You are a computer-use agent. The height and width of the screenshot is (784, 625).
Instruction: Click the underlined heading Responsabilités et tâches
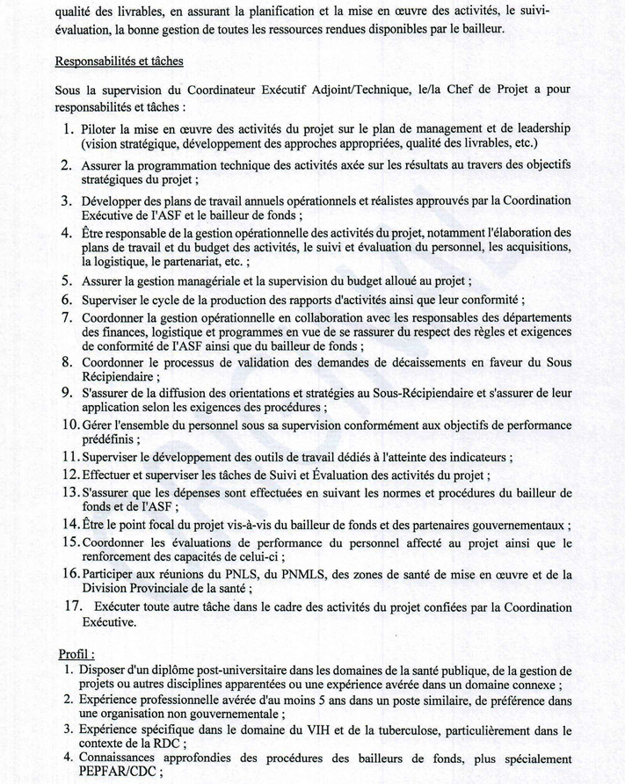tap(119, 62)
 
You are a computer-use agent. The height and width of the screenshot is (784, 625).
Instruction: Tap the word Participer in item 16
tap(113, 575)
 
